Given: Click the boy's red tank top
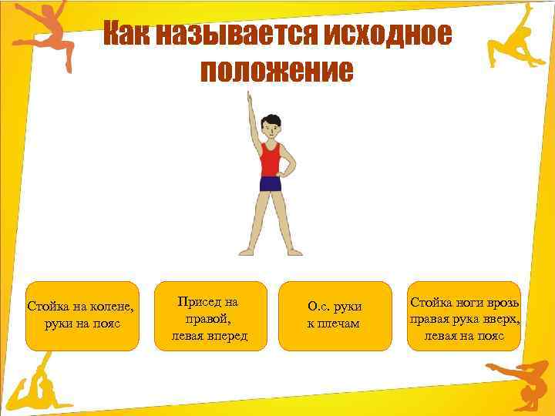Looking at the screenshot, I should pyautogui.click(x=271, y=159).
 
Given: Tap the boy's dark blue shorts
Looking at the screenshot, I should pyautogui.click(x=271, y=183).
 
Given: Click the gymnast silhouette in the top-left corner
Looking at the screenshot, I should pyautogui.click(x=42, y=35).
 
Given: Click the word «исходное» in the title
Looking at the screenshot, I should pyautogui.click(x=388, y=35).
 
